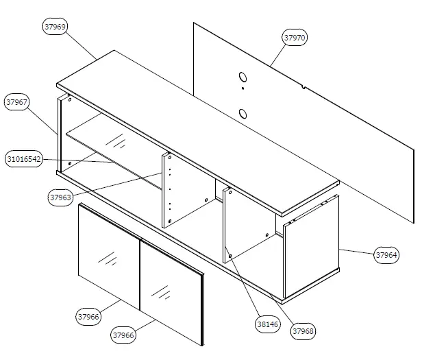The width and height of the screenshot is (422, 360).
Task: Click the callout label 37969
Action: pyautogui.click(x=55, y=27)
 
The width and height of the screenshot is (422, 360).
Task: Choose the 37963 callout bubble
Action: pyautogui.click(x=61, y=197)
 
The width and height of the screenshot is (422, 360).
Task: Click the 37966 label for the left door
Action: pyautogui.click(x=88, y=316)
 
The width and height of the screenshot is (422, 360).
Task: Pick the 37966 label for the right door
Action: pyautogui.click(x=123, y=335)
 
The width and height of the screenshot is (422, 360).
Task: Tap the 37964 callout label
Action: pyautogui.click(x=386, y=255)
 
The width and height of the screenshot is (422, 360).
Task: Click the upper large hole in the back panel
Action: pyautogui.click(x=243, y=77)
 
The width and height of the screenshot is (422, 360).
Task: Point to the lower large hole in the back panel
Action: pyautogui.click(x=243, y=113)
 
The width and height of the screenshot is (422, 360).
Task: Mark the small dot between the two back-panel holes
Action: pyautogui.click(x=243, y=89)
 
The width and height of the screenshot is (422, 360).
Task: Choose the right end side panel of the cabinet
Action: pyautogui.click(x=312, y=247)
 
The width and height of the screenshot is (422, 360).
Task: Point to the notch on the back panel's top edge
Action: pyautogui.click(x=303, y=86)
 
